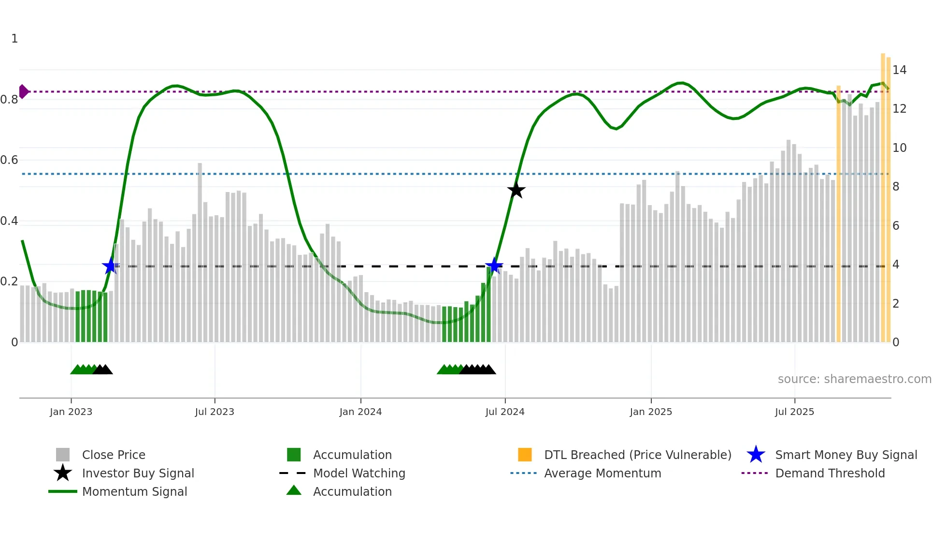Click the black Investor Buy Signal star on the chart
pos(516,190)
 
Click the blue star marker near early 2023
pos(111,266)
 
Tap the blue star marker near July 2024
pos(494,266)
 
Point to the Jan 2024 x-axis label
pos(360,412)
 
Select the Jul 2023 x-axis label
pos(215,412)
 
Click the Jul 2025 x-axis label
pos(794,412)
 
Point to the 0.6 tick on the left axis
pos(9,160)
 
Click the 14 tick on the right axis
pos(899,70)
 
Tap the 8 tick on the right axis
pos(896,187)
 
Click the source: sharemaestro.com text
pos(854,379)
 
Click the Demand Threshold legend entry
pos(830,473)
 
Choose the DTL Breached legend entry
pos(637,455)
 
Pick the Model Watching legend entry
pos(359,473)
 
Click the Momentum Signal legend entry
pos(134,491)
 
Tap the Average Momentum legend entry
pos(602,473)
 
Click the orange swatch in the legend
pos(525,455)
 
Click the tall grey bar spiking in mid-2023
pos(200,252)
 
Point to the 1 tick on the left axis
pos(14,39)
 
